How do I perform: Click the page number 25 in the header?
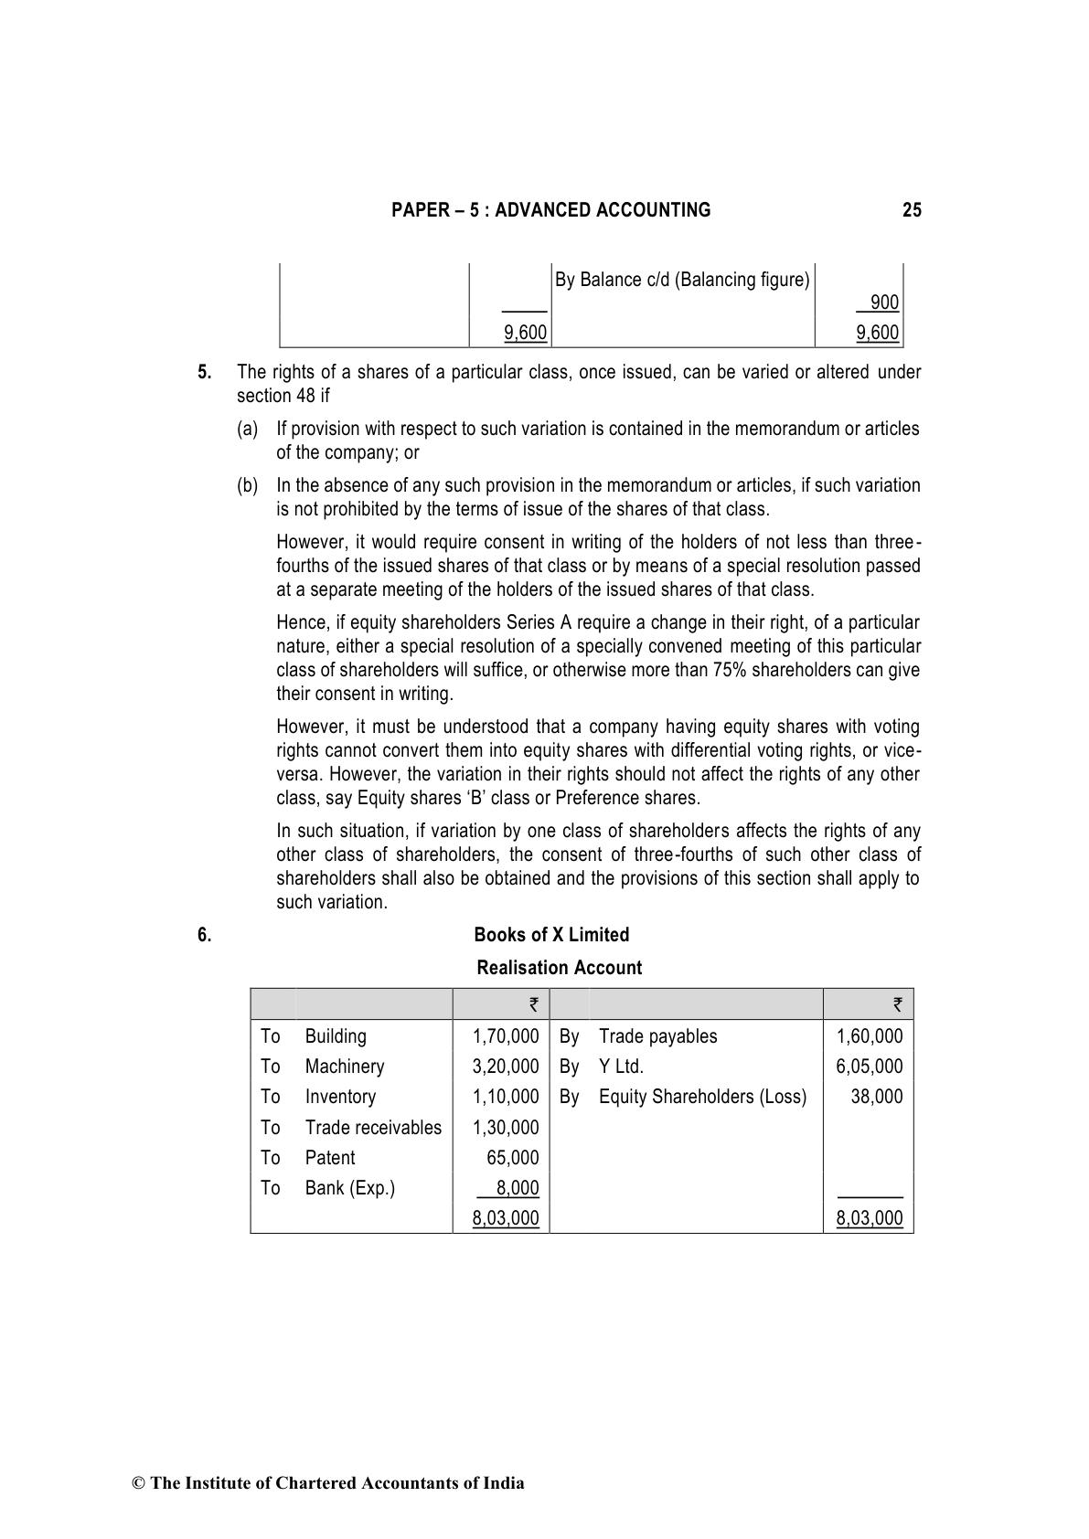click(x=911, y=210)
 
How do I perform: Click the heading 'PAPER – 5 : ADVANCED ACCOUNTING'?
click(x=550, y=210)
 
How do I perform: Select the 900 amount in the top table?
click(x=884, y=302)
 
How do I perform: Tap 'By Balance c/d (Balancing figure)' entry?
click(x=682, y=280)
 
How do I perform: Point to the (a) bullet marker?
click(x=247, y=429)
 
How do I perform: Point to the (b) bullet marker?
click(x=247, y=485)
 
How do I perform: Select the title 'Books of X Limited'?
click(x=551, y=935)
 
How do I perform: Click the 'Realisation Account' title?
click(x=559, y=968)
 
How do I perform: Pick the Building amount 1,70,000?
click(x=506, y=1036)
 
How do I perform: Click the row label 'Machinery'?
click(x=345, y=1067)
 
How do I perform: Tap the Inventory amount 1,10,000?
click(x=506, y=1097)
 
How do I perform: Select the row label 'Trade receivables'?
click(x=373, y=1128)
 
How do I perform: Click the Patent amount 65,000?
click(x=512, y=1158)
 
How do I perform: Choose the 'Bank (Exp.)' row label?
click(x=349, y=1188)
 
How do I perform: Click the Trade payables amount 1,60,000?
click(x=869, y=1036)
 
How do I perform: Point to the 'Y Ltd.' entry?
click(x=621, y=1067)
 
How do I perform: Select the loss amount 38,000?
click(x=876, y=1097)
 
